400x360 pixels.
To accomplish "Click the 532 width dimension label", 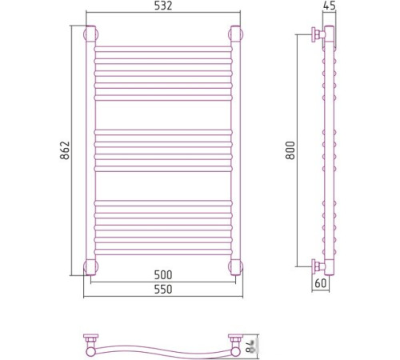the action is pyautogui.click(x=163, y=6).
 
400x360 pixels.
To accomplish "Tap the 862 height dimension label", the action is pyautogui.click(x=65, y=150).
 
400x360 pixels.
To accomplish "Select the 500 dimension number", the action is pyautogui.click(x=163, y=274).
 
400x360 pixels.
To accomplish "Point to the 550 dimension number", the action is pyautogui.click(x=163, y=290).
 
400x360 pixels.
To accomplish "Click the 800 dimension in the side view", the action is pyautogui.click(x=290, y=150).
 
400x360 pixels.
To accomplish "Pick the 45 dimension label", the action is pyautogui.click(x=329, y=6).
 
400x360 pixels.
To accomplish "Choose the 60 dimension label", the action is pyautogui.click(x=321, y=283).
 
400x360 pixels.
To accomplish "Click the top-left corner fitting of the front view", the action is pyautogui.click(x=90, y=34).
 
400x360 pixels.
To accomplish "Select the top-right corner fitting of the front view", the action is pyautogui.click(x=235, y=34).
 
